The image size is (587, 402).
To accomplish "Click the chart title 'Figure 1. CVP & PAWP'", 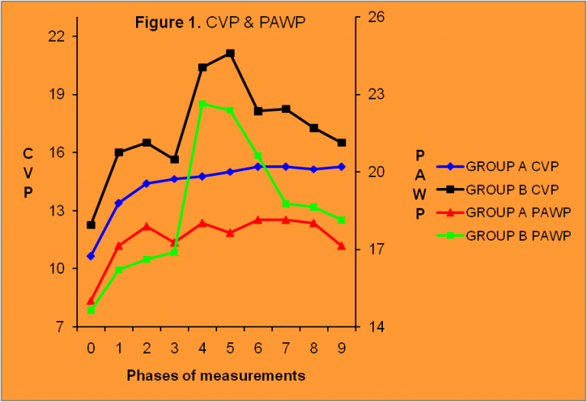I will click(x=220, y=21).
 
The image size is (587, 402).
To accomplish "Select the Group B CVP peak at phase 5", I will click(x=230, y=53).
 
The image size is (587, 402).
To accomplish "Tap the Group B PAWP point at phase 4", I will click(x=203, y=104).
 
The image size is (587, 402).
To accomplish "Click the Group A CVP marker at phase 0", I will click(x=91, y=256).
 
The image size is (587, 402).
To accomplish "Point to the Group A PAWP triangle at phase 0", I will click(x=91, y=300).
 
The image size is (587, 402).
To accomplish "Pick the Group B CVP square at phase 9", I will click(x=342, y=143).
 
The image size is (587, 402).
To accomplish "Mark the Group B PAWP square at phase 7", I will click(x=286, y=203).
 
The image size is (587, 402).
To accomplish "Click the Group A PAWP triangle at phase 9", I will click(x=342, y=245).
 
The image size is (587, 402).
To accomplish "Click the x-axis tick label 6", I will click(x=258, y=349).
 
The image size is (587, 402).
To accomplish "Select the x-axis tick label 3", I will click(x=174, y=349).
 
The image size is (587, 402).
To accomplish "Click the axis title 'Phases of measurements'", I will click(x=216, y=375).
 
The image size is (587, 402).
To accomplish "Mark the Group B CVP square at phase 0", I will click(x=91, y=225).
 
